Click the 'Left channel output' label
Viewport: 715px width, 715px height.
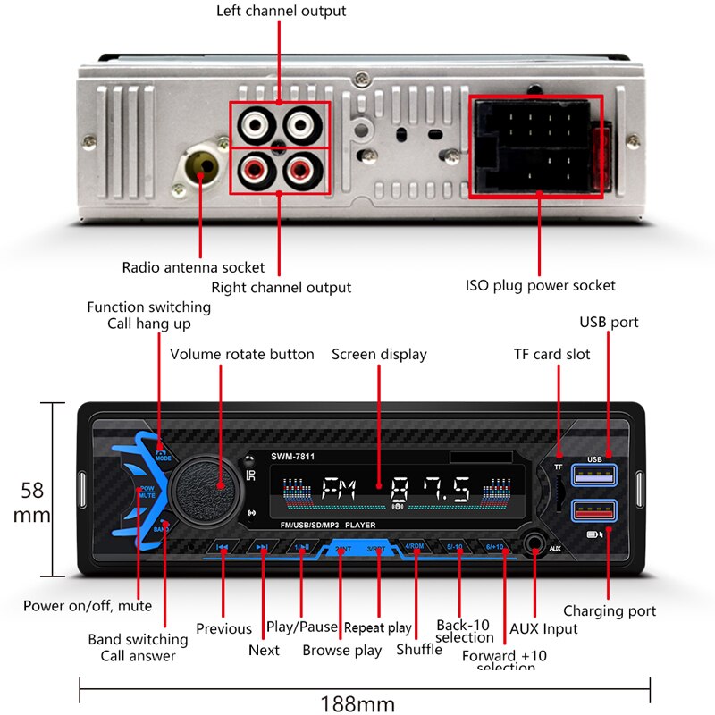tap(282, 12)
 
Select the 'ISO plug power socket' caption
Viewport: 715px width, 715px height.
tap(541, 285)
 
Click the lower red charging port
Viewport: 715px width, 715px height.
tap(595, 511)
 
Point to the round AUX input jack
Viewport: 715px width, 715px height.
tap(534, 543)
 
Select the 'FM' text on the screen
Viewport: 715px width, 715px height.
tap(337, 490)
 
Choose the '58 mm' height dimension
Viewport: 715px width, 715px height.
tap(31, 502)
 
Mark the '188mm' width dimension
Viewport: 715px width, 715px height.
tap(357, 702)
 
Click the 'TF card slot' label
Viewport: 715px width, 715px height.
tap(551, 354)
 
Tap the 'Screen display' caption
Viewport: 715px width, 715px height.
tap(379, 354)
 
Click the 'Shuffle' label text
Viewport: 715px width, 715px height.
tap(419, 649)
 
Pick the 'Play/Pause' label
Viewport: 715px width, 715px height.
tap(302, 627)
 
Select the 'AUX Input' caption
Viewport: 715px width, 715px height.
tap(543, 628)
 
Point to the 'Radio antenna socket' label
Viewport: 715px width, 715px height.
tap(193, 267)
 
